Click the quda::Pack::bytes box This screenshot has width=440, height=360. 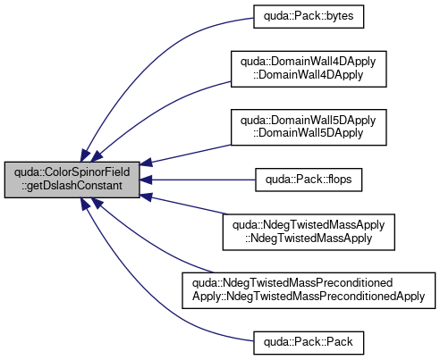tap(309, 17)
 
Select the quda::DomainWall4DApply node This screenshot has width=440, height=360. tap(309, 69)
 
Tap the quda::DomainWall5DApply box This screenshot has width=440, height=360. tap(309, 128)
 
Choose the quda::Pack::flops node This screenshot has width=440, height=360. tap(309, 180)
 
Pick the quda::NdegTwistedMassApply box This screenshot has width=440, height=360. tap(309, 232)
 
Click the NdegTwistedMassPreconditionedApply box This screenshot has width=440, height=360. tap(309, 290)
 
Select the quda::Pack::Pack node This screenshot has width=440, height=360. tap(309, 343)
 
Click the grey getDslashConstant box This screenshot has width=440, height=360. tap(72, 180)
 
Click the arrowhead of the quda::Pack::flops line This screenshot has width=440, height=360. tap(146, 180)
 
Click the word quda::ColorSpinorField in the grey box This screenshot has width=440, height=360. tap(72, 172)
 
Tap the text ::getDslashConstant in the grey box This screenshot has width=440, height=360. tap(72, 186)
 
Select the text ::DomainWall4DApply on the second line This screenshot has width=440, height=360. tap(309, 75)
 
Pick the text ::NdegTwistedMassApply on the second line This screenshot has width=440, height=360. tap(309, 239)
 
